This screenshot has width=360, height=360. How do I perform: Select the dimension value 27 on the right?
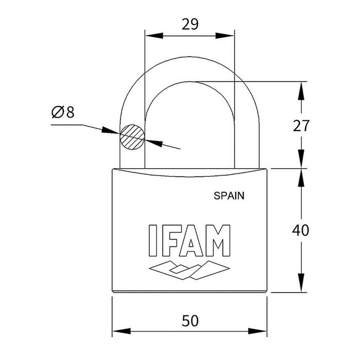click(x=301, y=125)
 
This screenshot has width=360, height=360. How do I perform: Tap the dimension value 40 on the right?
click(x=301, y=230)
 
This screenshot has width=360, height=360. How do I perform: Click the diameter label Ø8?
click(x=63, y=112)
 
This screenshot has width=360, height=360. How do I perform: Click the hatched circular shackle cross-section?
click(x=132, y=137)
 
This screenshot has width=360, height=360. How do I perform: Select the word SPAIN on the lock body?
click(x=228, y=195)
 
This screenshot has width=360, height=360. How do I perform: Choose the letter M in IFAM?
click(x=218, y=241)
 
